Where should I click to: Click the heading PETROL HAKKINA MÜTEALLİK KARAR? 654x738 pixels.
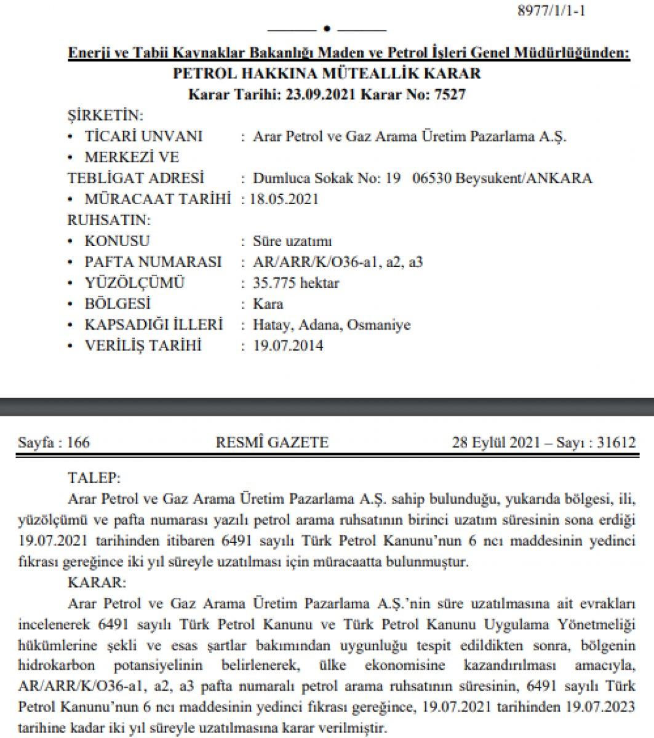pyautogui.click(x=327, y=74)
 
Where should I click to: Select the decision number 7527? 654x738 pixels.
pyautogui.click(x=452, y=94)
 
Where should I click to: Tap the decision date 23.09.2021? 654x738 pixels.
pyautogui.click(x=319, y=94)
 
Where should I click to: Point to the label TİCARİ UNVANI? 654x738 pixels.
pyautogui.click(x=143, y=136)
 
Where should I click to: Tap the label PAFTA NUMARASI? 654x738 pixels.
pyautogui.click(x=153, y=262)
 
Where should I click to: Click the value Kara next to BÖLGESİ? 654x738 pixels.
pyautogui.click(x=268, y=304)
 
